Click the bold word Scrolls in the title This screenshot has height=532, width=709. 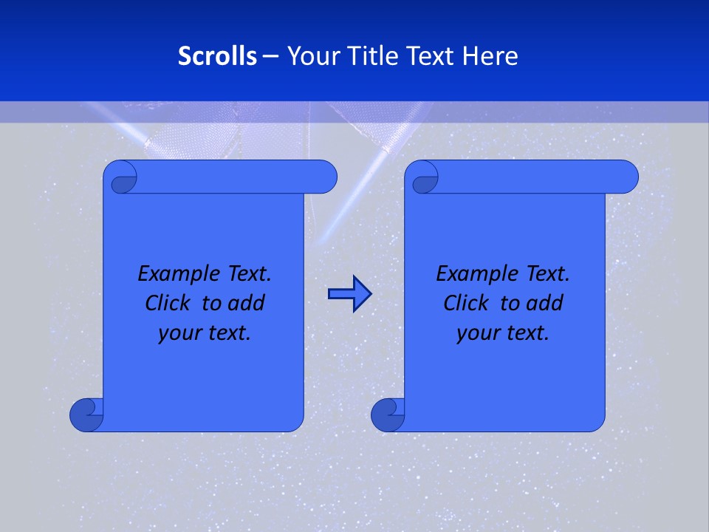[x=217, y=56]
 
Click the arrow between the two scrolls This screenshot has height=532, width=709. [x=349, y=294]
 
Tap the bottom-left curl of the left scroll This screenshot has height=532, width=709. [x=85, y=415]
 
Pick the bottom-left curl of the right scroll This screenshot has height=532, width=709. [x=386, y=415]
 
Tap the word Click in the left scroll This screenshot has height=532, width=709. [x=168, y=303]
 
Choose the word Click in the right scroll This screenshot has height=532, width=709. [x=466, y=303]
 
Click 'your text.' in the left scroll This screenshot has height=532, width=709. [x=205, y=333]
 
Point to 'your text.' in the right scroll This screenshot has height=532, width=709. [x=503, y=333]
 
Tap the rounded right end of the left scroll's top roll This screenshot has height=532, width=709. [x=325, y=177]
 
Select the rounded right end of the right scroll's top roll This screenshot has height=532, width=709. [x=626, y=177]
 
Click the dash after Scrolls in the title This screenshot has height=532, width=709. [x=270, y=56]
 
